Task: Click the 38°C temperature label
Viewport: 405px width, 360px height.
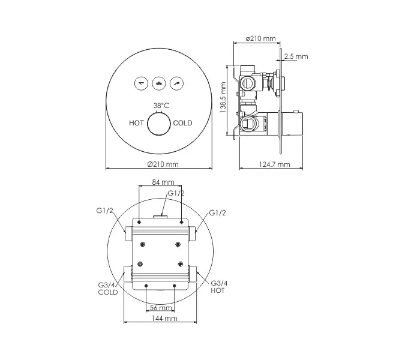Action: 160,106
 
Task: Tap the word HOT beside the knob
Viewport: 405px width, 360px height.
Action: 136,123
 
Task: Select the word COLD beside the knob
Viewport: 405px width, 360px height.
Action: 183,123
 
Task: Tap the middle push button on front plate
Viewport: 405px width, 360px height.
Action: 159,83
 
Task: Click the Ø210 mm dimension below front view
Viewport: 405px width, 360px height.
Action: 163,164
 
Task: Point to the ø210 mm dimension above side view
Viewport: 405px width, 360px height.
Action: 261,39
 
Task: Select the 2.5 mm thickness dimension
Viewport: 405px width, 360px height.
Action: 297,56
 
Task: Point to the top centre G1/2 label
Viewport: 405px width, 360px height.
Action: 175,193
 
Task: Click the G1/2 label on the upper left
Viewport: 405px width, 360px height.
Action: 105,211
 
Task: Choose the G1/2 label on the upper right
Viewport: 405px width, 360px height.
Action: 218,213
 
